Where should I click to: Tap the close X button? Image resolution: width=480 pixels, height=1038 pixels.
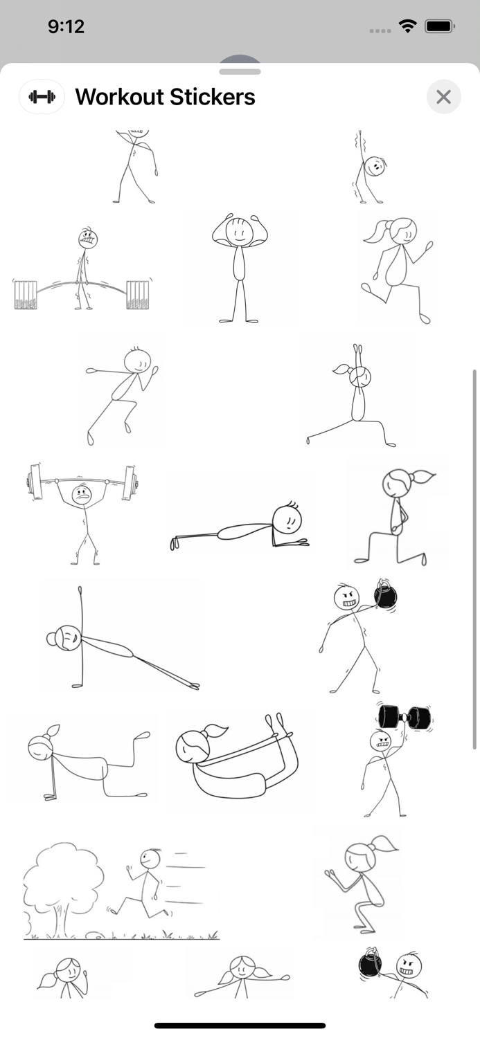[x=443, y=97]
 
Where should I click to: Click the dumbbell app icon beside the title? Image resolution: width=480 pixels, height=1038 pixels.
[x=42, y=97]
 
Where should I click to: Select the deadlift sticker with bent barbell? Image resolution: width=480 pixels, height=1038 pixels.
[x=82, y=271]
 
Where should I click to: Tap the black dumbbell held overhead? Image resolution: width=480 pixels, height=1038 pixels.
[x=405, y=717]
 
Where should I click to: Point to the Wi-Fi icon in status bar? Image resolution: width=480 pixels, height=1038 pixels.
[x=407, y=26]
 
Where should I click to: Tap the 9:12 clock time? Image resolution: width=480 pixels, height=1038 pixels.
[x=66, y=26]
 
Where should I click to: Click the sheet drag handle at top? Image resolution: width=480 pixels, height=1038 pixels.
[x=240, y=71]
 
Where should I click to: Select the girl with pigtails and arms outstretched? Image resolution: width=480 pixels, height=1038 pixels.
[x=241, y=976]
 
